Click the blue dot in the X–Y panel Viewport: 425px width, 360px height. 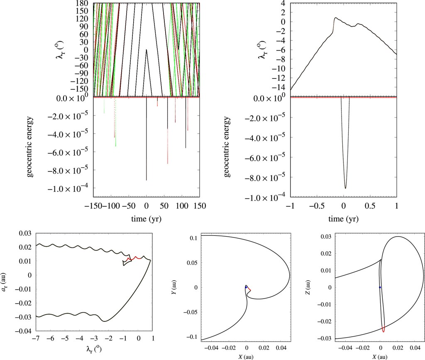246,287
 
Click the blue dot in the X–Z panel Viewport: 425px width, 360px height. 380,287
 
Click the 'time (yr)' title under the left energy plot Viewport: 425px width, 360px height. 147,219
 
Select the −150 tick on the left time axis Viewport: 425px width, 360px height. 93,205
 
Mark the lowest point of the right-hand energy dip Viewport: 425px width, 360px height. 345,188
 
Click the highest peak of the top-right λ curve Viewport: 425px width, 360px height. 335,18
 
